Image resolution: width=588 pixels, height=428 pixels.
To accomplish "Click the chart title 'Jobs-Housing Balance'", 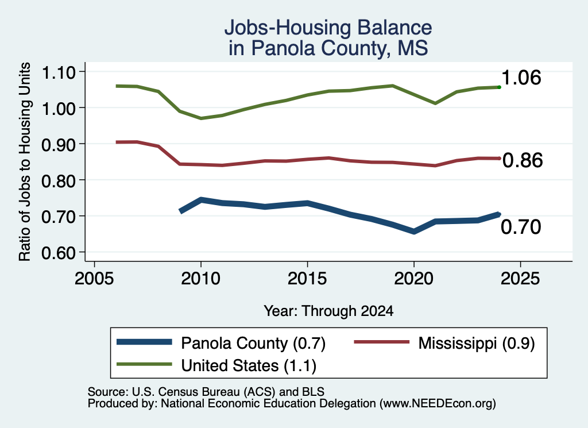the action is [x=328, y=28].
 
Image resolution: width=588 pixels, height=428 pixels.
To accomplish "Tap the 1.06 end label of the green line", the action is [x=521, y=78].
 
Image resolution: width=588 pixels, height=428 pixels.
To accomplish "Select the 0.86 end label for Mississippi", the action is [x=523, y=160].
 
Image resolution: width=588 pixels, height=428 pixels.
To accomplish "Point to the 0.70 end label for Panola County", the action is [x=521, y=227].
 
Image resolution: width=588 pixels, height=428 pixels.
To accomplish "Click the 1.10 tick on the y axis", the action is [x=59, y=72].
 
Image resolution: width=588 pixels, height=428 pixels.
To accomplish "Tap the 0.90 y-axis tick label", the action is [x=59, y=145].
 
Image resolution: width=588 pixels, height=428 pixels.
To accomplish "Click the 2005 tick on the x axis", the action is [x=95, y=279].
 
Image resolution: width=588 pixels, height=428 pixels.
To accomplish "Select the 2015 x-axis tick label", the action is [x=307, y=279].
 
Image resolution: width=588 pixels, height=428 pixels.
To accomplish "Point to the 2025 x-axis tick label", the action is [x=520, y=279].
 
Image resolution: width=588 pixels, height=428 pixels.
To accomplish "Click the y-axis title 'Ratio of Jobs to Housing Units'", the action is [x=25, y=161].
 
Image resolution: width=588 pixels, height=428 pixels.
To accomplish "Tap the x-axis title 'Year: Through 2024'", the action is [x=328, y=311].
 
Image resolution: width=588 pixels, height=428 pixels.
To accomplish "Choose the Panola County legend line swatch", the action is [x=144, y=342].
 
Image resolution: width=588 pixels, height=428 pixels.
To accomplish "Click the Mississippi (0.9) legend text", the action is [x=476, y=343].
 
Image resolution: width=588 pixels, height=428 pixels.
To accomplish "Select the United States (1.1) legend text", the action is [x=249, y=366].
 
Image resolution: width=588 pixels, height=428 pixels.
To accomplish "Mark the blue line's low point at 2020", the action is [x=413, y=232].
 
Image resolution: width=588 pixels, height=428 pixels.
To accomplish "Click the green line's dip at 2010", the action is [x=201, y=118].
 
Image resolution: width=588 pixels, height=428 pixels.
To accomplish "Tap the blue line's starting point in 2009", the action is [x=181, y=211].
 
